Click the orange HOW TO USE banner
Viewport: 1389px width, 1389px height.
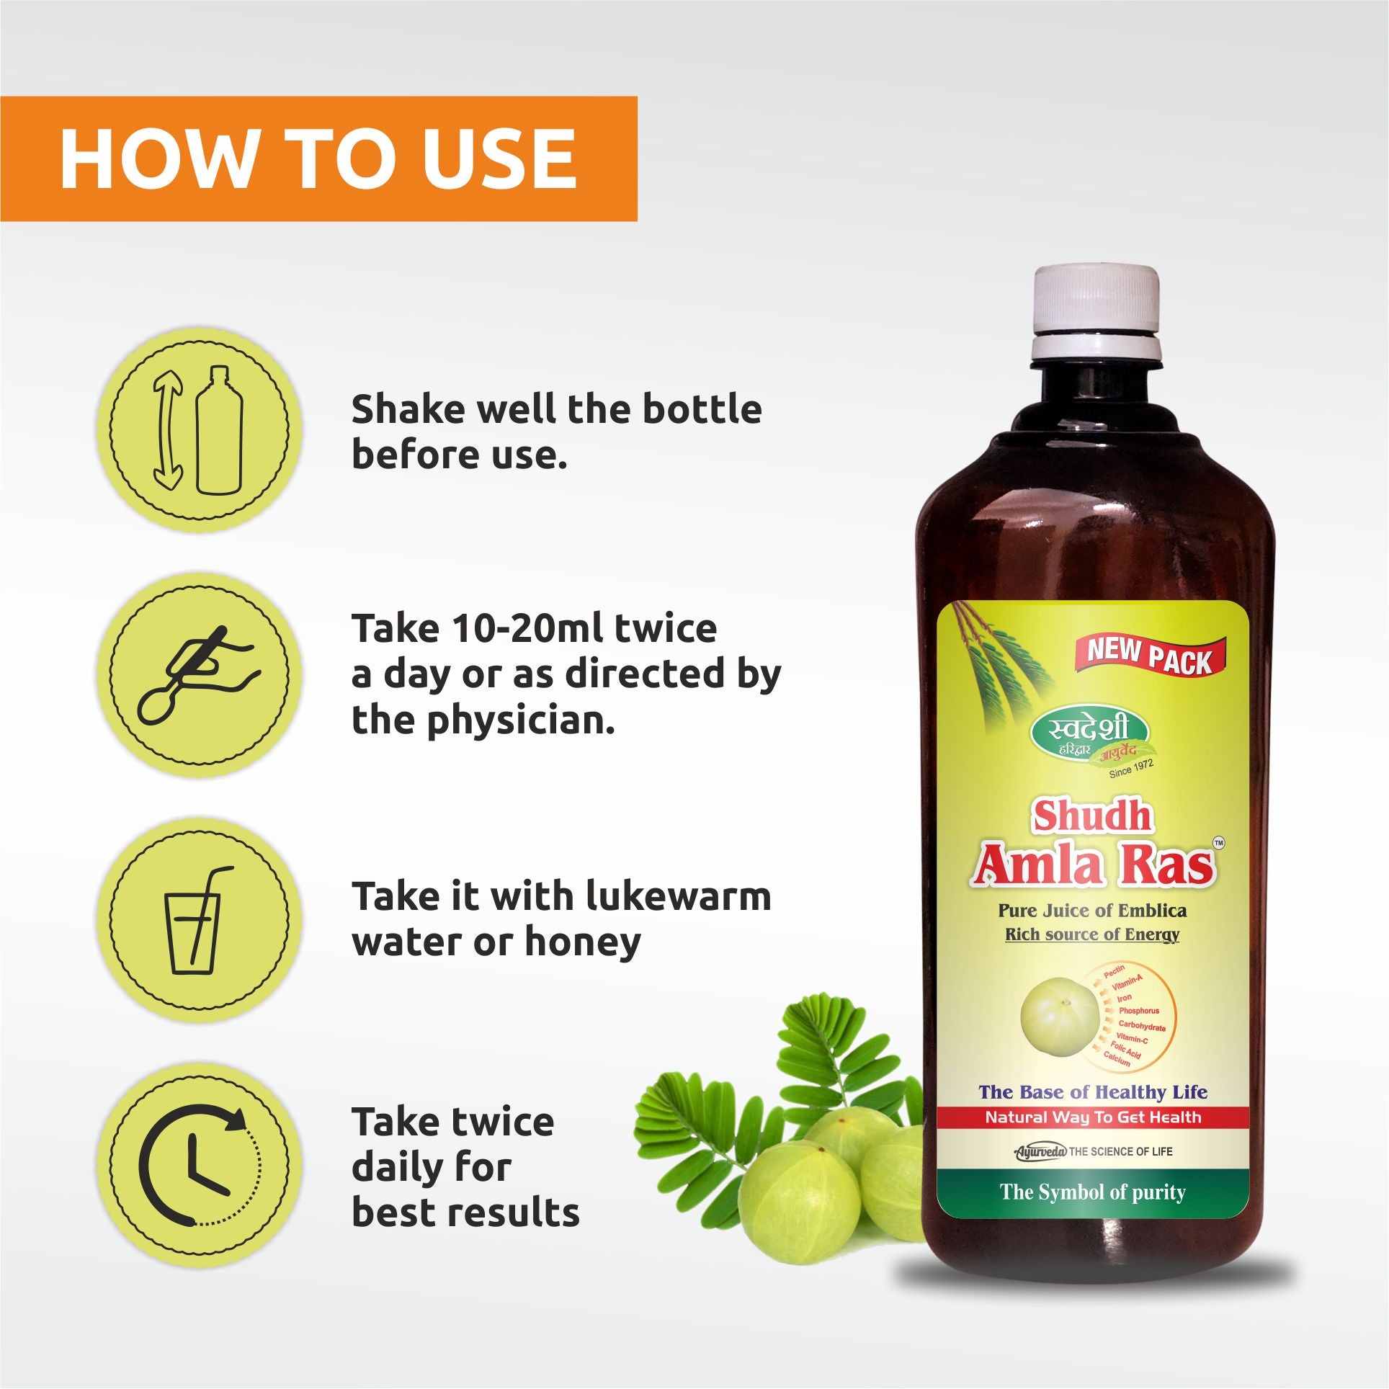(x=318, y=158)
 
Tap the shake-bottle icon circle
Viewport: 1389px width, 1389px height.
(x=199, y=429)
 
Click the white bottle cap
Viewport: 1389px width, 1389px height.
(x=1097, y=314)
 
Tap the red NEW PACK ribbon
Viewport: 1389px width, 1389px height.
(x=1150, y=656)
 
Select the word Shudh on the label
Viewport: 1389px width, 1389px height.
(x=1093, y=816)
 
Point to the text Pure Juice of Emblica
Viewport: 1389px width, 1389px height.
(x=1092, y=911)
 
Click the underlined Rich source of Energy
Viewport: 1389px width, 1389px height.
(x=1092, y=935)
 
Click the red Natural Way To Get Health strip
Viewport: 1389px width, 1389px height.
(x=1093, y=1117)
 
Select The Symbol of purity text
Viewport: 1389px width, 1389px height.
(x=1093, y=1192)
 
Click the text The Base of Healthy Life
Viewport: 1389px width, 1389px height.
(x=1093, y=1092)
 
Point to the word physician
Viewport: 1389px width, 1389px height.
(x=522, y=722)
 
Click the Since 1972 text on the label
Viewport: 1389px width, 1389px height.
(x=1131, y=769)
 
